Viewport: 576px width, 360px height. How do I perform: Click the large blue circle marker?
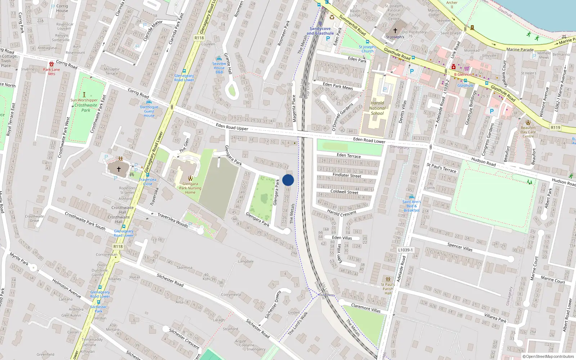coord(288,180)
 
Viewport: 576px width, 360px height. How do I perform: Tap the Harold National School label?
coord(377,108)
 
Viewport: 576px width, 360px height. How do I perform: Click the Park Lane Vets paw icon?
coord(51,64)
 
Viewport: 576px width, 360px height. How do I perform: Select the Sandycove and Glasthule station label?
coord(320,31)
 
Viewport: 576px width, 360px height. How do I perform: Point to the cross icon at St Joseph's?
coord(395,31)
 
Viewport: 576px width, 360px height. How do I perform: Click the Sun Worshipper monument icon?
coord(84,94)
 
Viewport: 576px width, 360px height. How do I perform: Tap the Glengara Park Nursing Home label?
coord(190,188)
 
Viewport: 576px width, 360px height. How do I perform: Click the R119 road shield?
coord(555,127)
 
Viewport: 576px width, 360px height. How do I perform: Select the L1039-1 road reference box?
coord(406,250)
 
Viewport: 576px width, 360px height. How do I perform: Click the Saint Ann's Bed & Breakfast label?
coord(411,206)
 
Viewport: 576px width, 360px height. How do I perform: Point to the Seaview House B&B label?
coord(219,68)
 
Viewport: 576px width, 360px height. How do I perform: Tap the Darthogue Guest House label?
coord(149,111)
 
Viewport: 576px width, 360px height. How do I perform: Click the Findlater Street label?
coord(347,175)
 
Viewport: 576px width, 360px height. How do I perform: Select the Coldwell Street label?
coord(344,192)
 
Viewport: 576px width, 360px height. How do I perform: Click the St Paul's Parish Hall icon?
coord(388,279)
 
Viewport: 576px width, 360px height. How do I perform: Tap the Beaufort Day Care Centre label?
coord(528,132)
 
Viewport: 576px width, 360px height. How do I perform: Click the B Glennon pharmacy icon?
coord(454,67)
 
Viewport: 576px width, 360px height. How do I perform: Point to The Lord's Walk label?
coord(298,324)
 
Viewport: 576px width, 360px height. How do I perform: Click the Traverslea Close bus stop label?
coord(148,181)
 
